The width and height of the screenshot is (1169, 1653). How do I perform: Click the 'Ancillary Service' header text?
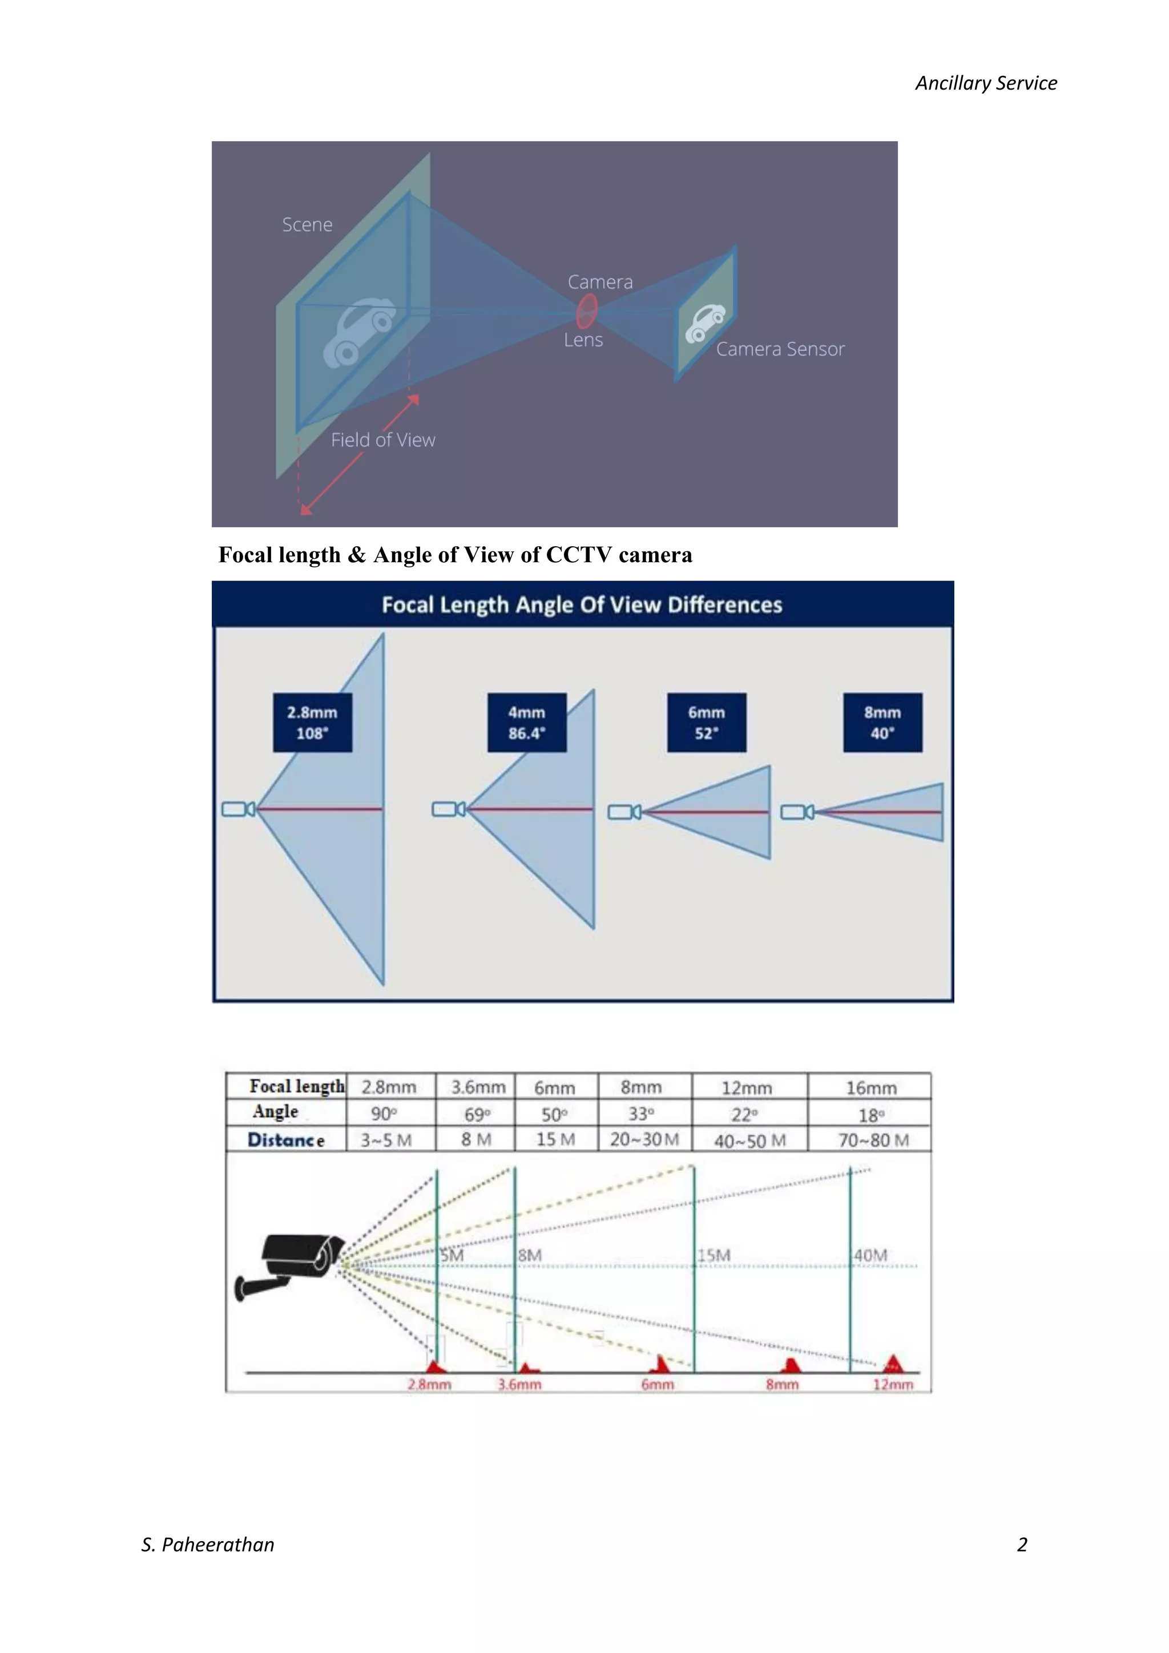[985, 83]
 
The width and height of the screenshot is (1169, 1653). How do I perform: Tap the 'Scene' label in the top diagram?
[307, 225]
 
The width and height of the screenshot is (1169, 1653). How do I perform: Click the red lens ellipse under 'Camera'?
[587, 311]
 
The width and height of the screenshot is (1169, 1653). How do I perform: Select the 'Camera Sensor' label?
[780, 349]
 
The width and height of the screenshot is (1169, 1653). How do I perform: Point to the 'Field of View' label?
[383, 440]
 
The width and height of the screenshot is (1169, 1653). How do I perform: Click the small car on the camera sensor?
[705, 322]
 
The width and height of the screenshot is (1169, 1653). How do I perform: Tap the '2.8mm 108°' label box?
[312, 723]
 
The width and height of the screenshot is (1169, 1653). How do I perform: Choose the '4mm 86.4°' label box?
[527, 723]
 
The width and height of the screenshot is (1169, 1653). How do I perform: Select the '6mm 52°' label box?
[706, 723]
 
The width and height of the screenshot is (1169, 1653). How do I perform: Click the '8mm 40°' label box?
[882, 723]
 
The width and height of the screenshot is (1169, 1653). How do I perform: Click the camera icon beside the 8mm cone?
[797, 812]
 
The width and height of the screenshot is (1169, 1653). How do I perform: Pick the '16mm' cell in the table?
[870, 1088]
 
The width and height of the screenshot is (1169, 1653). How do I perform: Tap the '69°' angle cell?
[477, 1115]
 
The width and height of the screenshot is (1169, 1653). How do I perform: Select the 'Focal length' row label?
[296, 1086]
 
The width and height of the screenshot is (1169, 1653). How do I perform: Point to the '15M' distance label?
[714, 1256]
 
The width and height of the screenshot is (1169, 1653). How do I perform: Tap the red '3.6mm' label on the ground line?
[519, 1385]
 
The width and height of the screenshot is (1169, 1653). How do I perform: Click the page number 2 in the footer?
[1021, 1545]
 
